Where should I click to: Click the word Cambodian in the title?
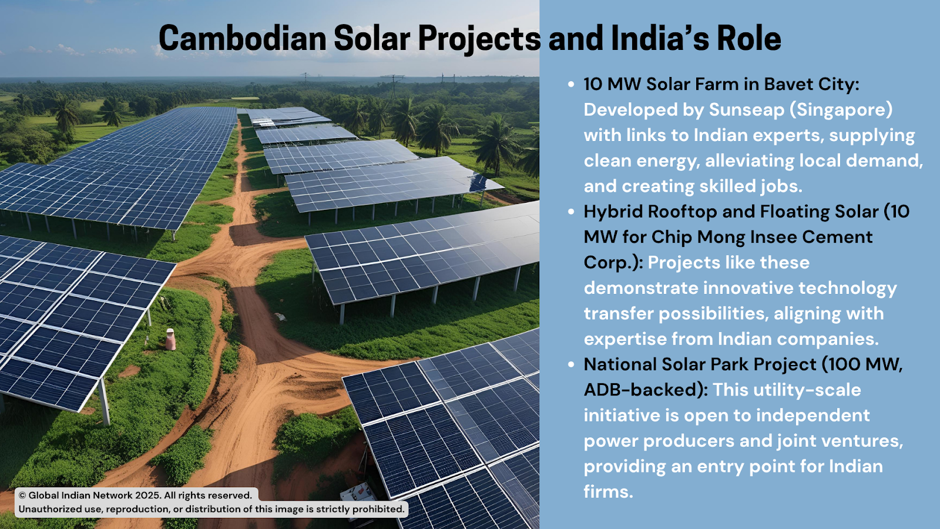(243, 38)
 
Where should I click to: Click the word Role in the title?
(749, 38)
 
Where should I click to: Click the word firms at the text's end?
(608, 491)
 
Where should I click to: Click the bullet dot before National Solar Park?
(570, 364)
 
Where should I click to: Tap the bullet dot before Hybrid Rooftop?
(570, 212)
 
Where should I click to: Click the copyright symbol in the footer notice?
(22, 495)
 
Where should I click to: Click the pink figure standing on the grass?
(170, 339)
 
